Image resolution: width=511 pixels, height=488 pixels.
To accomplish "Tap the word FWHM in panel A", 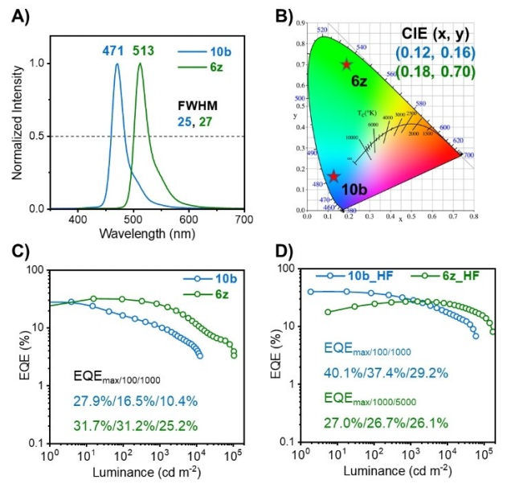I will (x=197, y=106).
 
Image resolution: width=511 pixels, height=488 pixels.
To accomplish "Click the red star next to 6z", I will (x=346, y=65).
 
